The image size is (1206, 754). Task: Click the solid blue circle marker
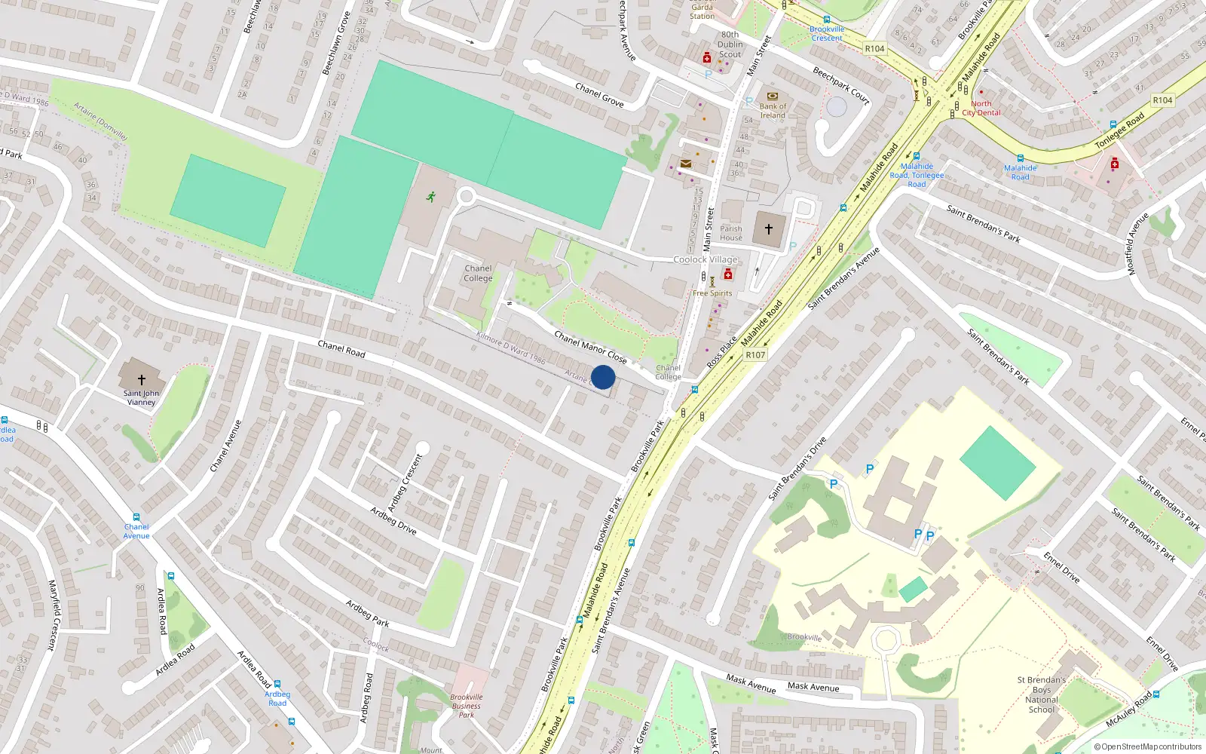tap(603, 377)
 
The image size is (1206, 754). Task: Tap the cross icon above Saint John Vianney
tap(141, 380)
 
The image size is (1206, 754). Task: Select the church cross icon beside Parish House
tap(769, 228)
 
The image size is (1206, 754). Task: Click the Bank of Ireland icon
tap(772, 97)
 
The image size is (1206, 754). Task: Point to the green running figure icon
tap(431, 197)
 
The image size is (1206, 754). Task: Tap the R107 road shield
tap(755, 355)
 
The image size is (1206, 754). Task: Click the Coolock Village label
tap(706, 259)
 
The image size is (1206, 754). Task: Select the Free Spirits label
tap(712, 293)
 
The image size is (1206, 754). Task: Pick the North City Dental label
tap(981, 109)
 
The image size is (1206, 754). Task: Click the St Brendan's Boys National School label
tap(1042, 694)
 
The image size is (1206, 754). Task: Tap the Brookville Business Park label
tap(467, 706)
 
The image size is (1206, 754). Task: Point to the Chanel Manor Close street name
tap(590, 346)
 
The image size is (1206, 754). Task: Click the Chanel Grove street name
tap(599, 94)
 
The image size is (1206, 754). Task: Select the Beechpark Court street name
tap(841, 84)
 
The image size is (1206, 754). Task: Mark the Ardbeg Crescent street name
tap(406, 483)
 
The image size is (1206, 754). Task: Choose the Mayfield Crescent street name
tap(52, 615)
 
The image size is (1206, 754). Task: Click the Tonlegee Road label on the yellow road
tap(1119, 130)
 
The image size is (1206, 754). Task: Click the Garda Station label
tap(702, 11)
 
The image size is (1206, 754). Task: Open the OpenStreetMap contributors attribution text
tap(1147, 747)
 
